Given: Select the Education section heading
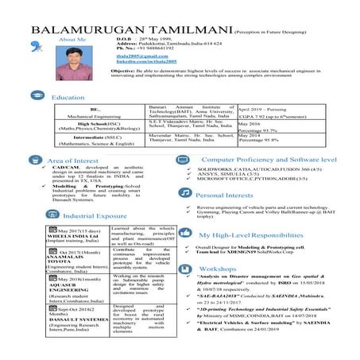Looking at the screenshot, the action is pyautogui.click(x=68, y=97).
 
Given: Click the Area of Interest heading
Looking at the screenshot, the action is pyautogui.click(x=74, y=161).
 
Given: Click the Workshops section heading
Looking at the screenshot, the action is pyautogui.click(x=219, y=269).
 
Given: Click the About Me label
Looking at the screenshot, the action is pyautogui.click(x=72, y=39).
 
